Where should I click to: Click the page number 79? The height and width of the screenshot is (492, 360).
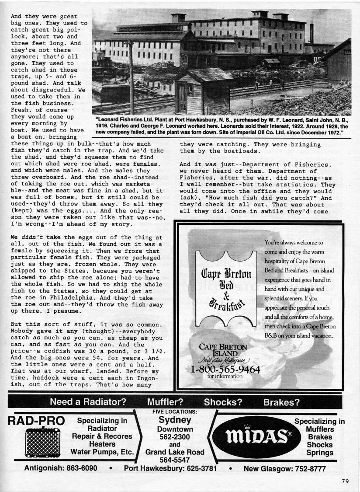coord(345,482)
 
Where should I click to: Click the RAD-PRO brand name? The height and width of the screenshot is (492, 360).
coord(36,421)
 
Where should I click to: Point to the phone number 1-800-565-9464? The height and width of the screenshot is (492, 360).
coord(225,370)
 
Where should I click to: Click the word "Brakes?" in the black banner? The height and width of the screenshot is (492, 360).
coord(281,402)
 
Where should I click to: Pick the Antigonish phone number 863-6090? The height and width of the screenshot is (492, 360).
coord(84,468)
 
